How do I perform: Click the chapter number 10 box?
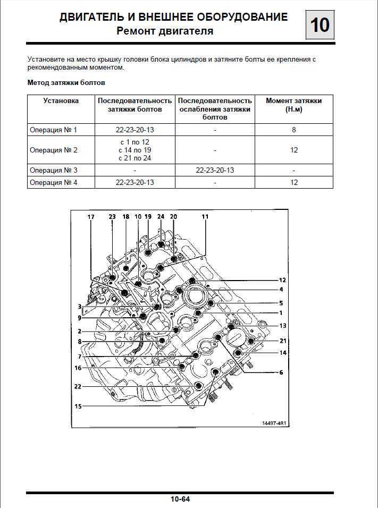click(x=320, y=25)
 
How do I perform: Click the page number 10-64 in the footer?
click(x=180, y=499)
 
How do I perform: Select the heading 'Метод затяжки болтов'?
click(x=66, y=82)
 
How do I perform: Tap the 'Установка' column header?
click(x=61, y=101)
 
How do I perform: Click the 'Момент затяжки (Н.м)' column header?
click(x=293, y=105)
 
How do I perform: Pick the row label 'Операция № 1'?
click(x=53, y=130)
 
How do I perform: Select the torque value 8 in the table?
click(x=293, y=130)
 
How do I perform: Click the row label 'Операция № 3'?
click(x=53, y=170)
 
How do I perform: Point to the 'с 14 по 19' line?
click(x=135, y=150)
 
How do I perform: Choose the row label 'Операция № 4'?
click(x=53, y=182)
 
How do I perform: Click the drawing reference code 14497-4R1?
click(x=274, y=423)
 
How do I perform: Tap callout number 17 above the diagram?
click(x=91, y=217)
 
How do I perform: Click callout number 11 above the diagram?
click(x=205, y=217)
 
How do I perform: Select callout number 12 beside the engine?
click(x=282, y=280)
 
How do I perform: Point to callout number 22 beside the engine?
click(x=78, y=386)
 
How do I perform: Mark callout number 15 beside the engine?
click(x=78, y=406)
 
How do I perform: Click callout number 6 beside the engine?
click(x=281, y=372)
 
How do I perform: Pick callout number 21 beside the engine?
click(x=283, y=341)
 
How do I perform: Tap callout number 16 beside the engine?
click(x=78, y=368)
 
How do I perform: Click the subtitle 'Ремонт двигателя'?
click(x=165, y=31)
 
